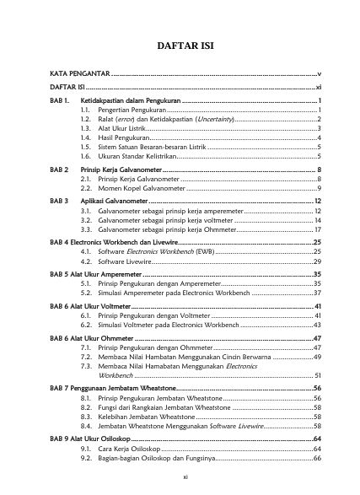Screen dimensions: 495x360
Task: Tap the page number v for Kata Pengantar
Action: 320,76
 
